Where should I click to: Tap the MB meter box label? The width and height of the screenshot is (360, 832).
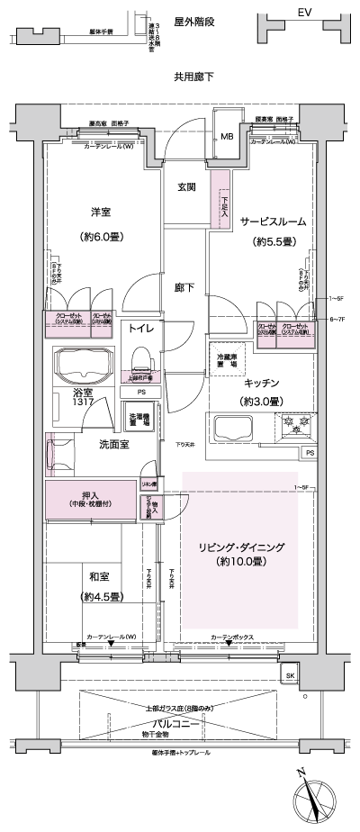coord(227,137)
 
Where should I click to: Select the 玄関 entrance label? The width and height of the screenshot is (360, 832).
coord(186,187)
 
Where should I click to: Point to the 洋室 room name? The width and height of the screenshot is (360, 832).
coord(101,213)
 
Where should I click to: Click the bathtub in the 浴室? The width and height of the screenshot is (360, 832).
coord(82,367)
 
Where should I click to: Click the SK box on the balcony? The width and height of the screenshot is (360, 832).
coord(290,674)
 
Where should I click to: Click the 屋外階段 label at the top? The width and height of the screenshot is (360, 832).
coord(193,16)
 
